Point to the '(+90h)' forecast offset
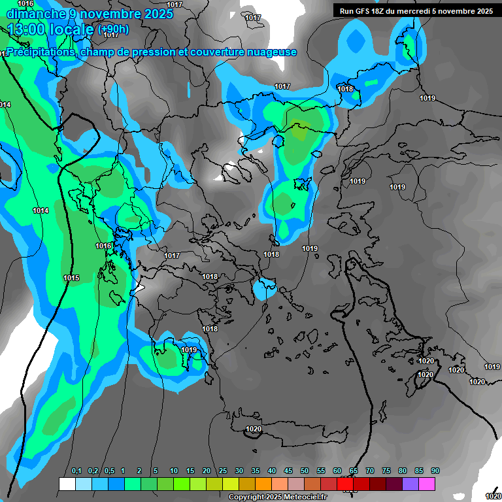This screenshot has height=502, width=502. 113,29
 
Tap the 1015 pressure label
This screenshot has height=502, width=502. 71,278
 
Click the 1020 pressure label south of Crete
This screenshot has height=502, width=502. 254,429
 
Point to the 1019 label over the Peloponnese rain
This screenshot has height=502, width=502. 189,350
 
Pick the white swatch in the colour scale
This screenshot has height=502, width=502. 67,484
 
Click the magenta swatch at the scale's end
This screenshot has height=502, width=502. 427,484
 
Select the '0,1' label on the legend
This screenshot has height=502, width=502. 76,471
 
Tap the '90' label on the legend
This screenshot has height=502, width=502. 435,471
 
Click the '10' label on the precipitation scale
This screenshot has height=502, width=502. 174,471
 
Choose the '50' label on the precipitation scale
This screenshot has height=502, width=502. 305,471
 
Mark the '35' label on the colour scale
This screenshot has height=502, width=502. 256,471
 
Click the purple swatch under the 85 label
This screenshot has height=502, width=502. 410,484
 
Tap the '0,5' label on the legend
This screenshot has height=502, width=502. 109,471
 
